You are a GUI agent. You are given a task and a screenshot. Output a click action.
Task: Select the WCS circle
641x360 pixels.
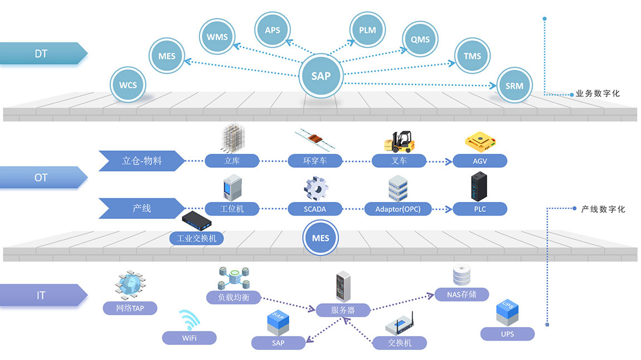click(x=128, y=85)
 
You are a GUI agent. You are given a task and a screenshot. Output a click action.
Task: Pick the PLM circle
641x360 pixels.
click(x=368, y=30)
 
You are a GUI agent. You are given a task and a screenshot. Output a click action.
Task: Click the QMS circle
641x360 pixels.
click(x=420, y=40)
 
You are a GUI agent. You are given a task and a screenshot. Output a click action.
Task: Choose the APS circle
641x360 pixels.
click(x=273, y=30)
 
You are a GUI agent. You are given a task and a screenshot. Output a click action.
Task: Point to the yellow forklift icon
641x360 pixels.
click(x=399, y=141)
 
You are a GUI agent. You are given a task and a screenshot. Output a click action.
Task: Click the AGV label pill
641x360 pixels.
click(x=480, y=161)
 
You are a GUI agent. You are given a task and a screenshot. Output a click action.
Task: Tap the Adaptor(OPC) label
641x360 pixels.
click(x=398, y=210)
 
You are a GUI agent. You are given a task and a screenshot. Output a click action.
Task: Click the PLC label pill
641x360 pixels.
click(x=480, y=210)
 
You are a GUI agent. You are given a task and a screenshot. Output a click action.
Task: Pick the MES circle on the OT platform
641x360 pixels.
click(x=320, y=238)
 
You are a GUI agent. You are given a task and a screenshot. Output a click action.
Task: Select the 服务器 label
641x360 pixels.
click(x=343, y=310)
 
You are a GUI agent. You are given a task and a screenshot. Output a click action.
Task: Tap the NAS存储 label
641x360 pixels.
click(x=461, y=294)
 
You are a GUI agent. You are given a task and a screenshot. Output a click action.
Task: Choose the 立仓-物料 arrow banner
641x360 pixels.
click(x=142, y=160)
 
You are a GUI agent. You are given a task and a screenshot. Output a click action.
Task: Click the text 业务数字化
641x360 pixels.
click(x=598, y=94)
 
